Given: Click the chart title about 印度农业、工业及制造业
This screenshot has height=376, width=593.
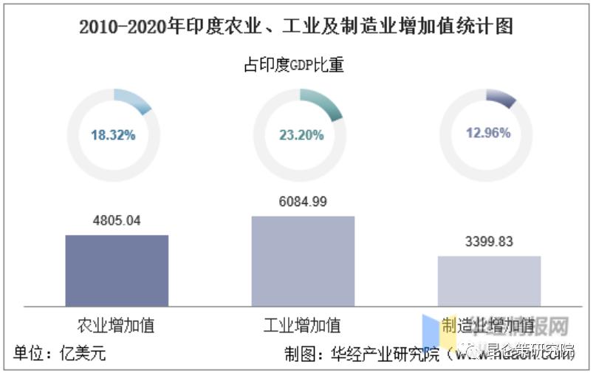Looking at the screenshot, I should click(x=296, y=27).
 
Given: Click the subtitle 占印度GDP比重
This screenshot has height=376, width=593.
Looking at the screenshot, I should click(x=295, y=66).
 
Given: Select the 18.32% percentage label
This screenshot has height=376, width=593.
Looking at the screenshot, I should click(x=113, y=135).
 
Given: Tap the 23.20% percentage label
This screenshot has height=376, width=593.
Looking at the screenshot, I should click(x=300, y=135).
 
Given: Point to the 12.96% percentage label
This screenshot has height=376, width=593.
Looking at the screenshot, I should click(x=487, y=134).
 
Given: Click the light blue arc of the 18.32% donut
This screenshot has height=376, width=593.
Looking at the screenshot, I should click(x=135, y=100).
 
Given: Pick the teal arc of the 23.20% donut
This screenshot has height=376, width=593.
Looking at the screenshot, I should click(x=323, y=104).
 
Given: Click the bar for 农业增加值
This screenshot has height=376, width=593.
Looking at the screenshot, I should click(x=117, y=270).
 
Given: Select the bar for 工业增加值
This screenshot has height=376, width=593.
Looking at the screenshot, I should click(x=303, y=260).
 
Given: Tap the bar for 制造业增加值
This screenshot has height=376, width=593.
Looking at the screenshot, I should click(x=489, y=280).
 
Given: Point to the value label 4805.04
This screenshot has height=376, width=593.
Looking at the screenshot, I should click(x=117, y=220).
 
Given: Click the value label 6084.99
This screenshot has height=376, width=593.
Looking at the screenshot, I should click(x=303, y=201).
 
